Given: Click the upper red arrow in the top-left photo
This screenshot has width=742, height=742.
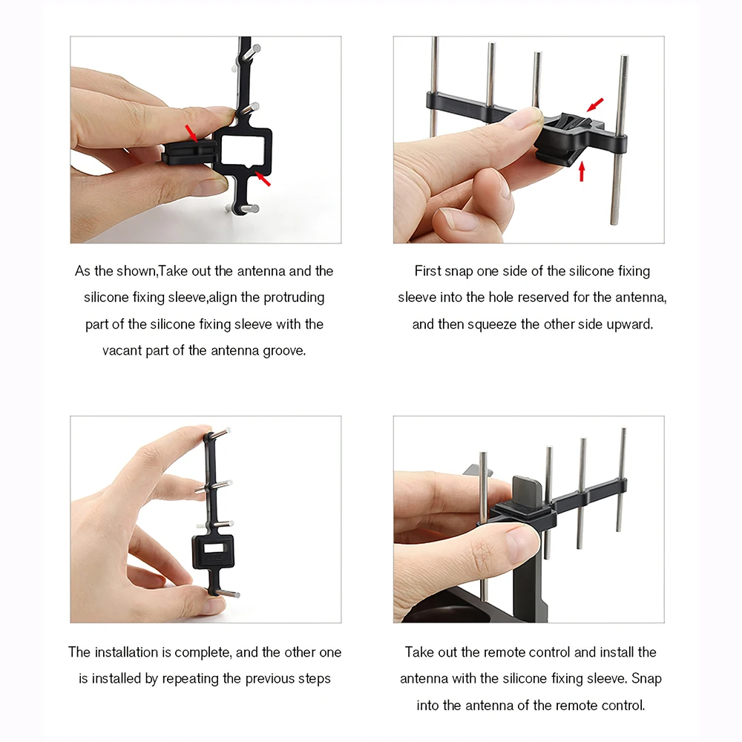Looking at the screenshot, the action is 191,133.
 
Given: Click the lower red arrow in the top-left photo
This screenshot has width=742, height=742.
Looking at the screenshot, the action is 263,178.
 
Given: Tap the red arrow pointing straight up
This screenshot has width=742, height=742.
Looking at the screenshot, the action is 582,171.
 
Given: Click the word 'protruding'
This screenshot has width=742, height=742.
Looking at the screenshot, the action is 294,298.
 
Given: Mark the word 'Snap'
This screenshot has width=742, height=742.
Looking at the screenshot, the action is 646,679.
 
